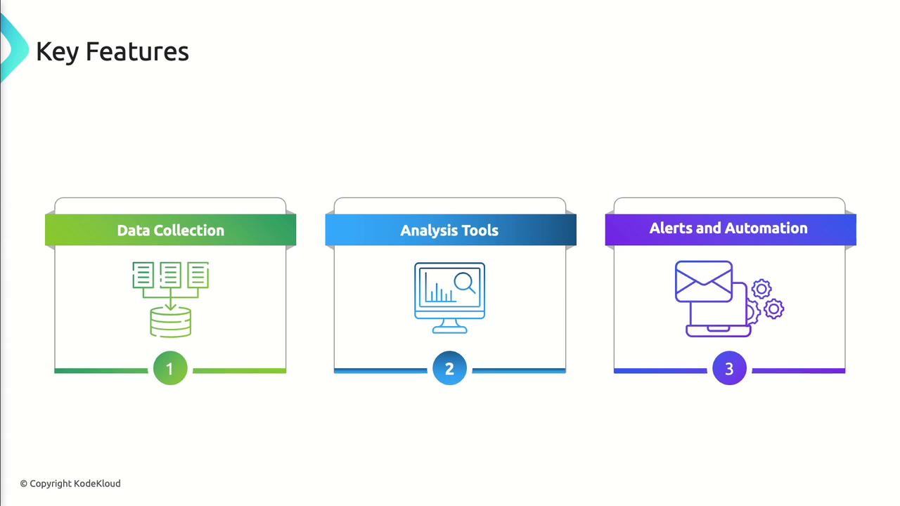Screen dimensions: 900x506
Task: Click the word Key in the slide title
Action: [56, 52]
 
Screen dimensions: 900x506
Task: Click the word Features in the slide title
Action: [137, 51]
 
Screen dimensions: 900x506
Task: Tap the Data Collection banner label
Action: [170, 230]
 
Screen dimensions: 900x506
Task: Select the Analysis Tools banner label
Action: [449, 231]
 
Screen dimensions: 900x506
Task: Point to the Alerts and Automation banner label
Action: [728, 228]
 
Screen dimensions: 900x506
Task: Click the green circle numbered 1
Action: [170, 368]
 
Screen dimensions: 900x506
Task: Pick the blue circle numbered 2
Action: [449, 368]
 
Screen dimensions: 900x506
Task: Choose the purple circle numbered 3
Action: [729, 368]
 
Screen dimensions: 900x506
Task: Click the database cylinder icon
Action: [170, 322]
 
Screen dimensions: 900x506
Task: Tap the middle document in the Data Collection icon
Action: [170, 275]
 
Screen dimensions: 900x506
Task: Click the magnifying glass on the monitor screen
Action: [465, 283]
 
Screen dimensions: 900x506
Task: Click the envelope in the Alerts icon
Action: [704, 282]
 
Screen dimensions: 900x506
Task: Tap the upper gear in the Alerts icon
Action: [761, 289]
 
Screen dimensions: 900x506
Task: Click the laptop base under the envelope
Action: [719, 331]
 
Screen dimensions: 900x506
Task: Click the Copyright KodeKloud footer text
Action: [70, 484]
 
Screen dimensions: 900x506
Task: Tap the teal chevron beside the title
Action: [15, 48]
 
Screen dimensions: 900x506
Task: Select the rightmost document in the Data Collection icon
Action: [198, 275]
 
